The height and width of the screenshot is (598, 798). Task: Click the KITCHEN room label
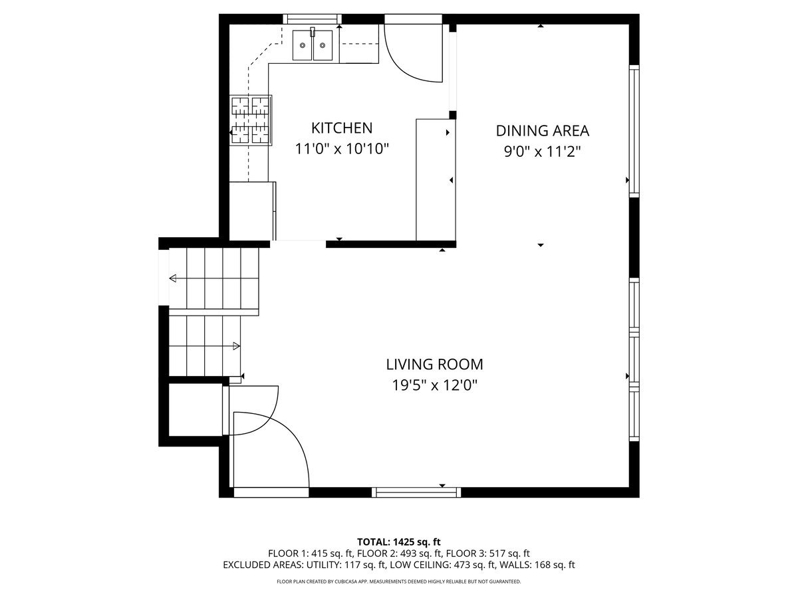(x=342, y=128)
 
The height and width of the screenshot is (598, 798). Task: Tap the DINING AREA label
(x=542, y=131)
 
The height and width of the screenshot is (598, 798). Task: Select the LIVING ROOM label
(x=434, y=365)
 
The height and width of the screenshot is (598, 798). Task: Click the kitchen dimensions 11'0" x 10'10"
(x=342, y=149)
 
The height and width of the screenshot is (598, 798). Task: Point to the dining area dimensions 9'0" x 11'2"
(x=542, y=151)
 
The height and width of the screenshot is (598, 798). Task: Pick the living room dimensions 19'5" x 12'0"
(x=434, y=385)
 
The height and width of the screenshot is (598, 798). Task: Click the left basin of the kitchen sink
(x=302, y=45)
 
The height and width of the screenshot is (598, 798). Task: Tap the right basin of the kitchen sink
(x=323, y=45)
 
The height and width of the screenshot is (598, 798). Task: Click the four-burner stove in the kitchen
(x=251, y=120)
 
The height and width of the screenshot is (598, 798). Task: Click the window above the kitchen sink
(x=313, y=19)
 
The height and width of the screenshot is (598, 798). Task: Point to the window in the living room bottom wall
(x=416, y=492)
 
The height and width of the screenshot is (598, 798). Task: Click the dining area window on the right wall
(x=634, y=131)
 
